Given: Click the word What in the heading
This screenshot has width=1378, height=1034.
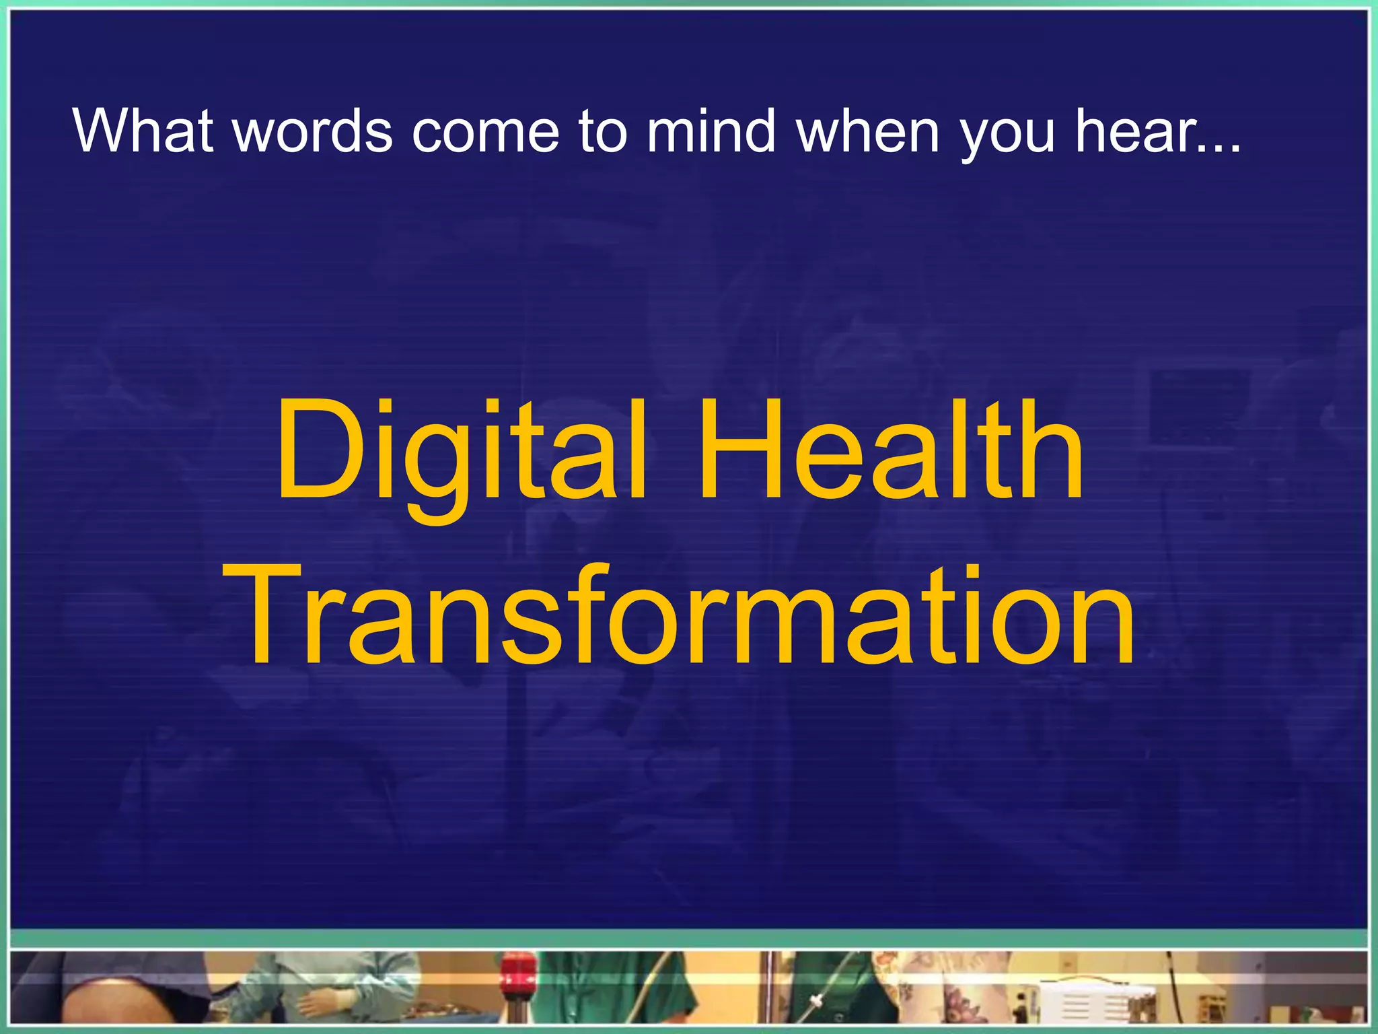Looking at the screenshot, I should click(143, 131).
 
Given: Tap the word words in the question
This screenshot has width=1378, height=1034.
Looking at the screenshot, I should click(312, 131).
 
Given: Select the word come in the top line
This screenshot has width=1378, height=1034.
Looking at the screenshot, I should click(484, 131).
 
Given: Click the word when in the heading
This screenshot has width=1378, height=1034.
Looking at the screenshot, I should click(867, 131).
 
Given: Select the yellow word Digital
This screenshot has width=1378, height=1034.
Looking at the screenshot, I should click(462, 451).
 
